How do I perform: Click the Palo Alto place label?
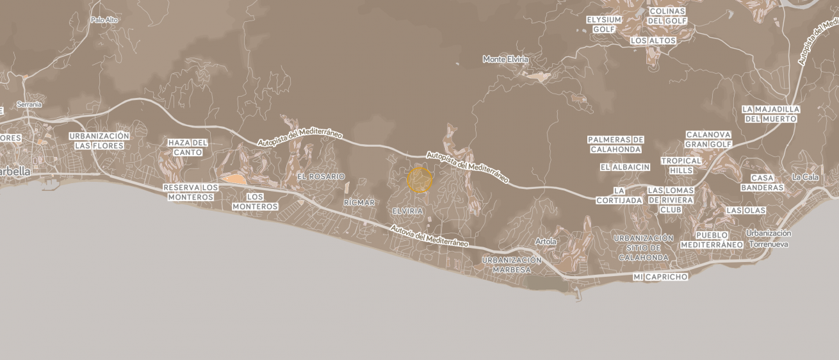(104, 20)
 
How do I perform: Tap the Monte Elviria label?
(505, 59)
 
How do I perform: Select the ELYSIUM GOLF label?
(603, 24)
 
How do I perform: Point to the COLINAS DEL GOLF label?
(667, 16)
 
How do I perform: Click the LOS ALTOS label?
(653, 40)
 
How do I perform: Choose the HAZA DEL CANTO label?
(187, 147)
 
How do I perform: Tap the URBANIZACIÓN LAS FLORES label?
(99, 141)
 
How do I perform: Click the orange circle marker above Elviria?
(419, 180)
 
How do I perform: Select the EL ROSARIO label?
(321, 176)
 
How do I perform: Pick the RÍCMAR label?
(359, 202)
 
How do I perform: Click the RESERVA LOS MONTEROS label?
(190, 192)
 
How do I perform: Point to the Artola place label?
(546, 241)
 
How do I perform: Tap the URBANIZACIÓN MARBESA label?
(511, 265)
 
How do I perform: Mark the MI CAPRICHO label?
(660, 277)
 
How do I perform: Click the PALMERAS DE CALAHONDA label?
(615, 144)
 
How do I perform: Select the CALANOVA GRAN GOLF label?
(708, 139)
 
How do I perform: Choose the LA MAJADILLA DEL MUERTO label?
(770, 114)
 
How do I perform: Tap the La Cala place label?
(805, 177)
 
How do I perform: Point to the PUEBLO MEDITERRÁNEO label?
(712, 240)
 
